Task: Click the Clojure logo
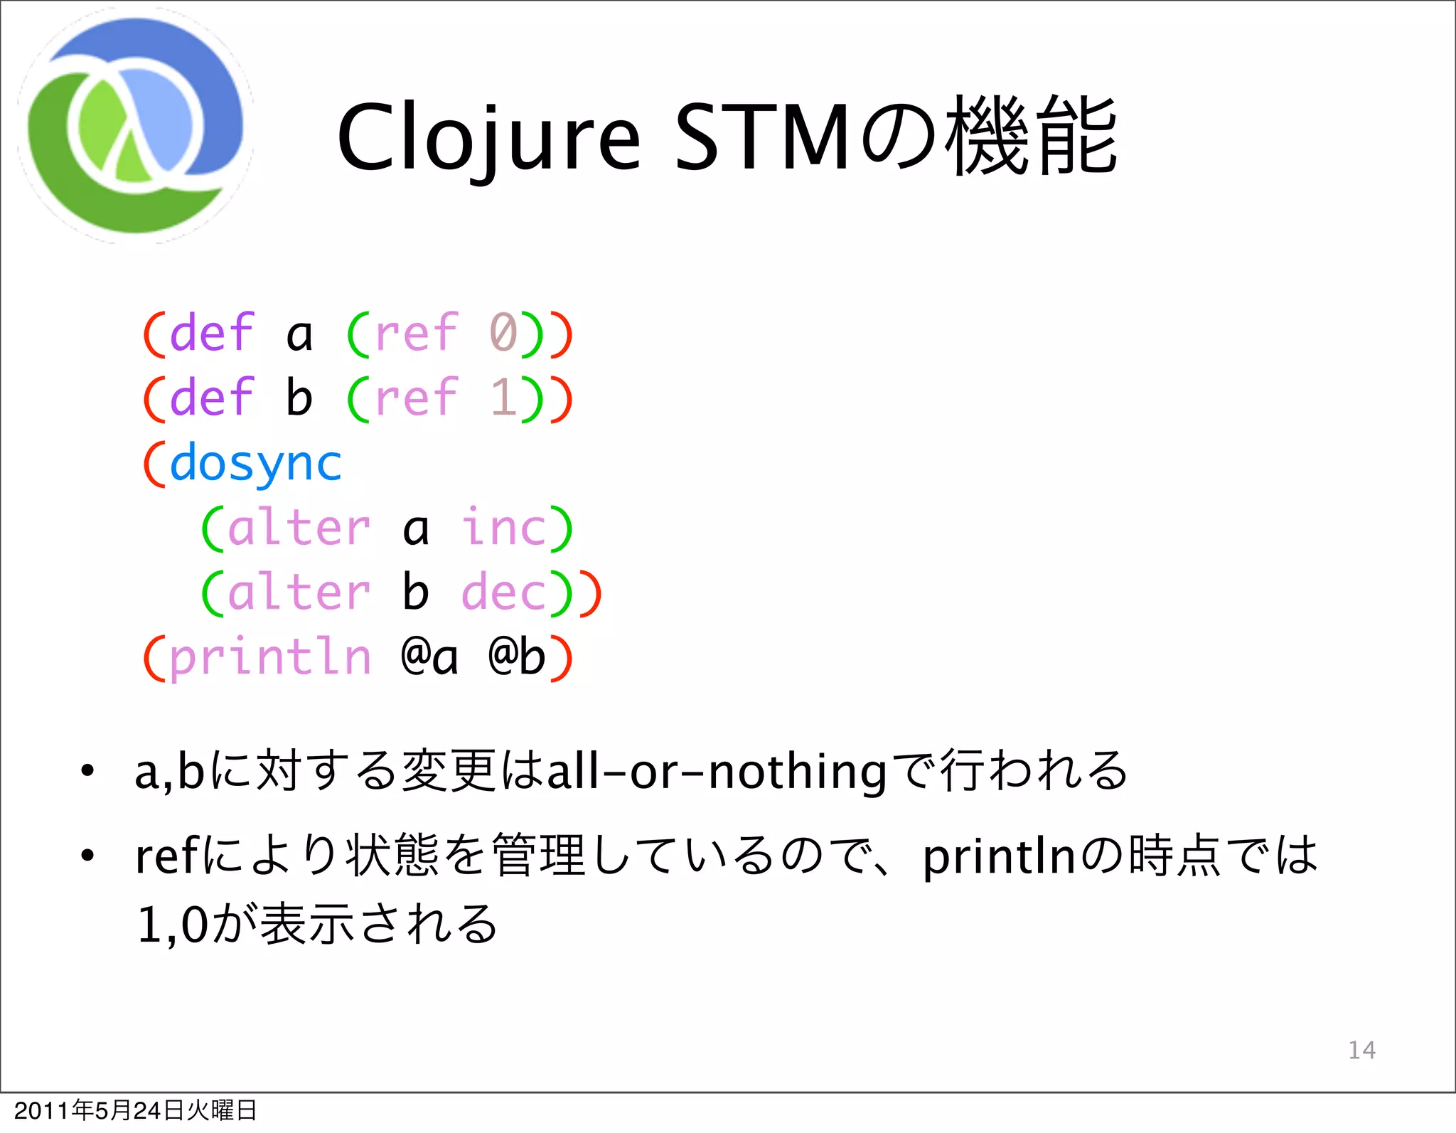click(x=135, y=126)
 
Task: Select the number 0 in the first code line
click(x=503, y=333)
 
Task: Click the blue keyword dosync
click(x=256, y=464)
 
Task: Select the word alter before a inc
click(x=299, y=528)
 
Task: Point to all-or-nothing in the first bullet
click(x=717, y=772)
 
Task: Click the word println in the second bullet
click(x=999, y=857)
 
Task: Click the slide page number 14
click(x=1361, y=1050)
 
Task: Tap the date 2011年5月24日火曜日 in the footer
click(x=135, y=1110)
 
